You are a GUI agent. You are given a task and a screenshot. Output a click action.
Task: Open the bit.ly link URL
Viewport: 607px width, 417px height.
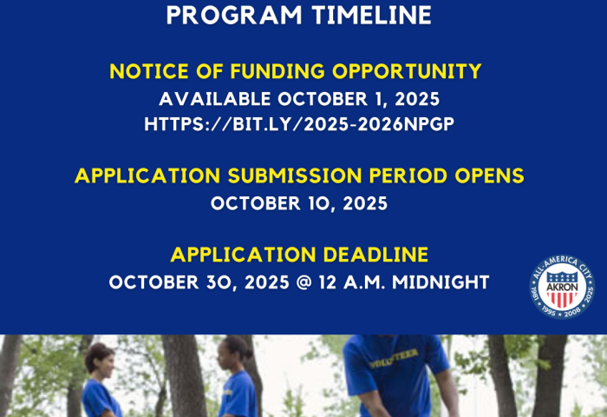[299, 124]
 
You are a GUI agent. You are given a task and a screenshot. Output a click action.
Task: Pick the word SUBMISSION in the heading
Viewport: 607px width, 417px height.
[279, 176]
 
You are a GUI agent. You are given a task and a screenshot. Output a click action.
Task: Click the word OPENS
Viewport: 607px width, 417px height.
[486, 176]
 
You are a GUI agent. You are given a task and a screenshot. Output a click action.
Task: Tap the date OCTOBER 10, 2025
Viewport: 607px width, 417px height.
[299, 204]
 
